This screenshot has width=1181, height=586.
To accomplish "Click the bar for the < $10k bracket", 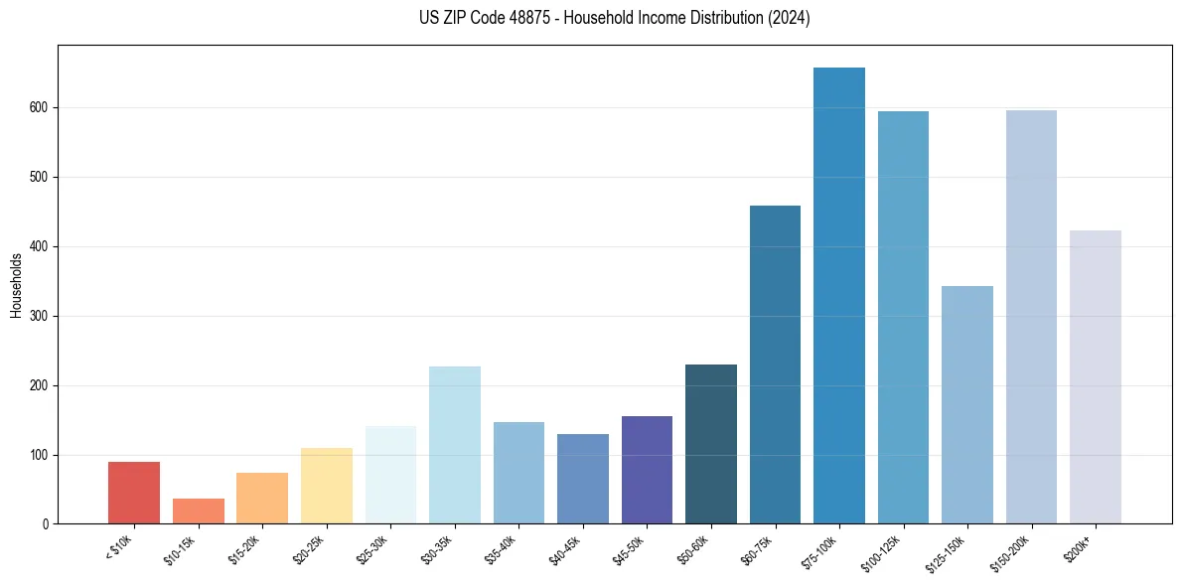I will point(134,493).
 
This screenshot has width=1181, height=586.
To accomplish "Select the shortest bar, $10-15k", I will point(199,512).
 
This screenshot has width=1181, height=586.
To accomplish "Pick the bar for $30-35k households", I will point(455,445).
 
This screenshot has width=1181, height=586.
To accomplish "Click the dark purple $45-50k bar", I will point(647,470).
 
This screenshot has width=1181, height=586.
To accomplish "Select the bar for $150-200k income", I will point(1031,317).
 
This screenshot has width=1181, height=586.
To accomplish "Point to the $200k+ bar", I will point(1096,377).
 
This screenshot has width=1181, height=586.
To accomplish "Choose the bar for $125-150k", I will point(967,405).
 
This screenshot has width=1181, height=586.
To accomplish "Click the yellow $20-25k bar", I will point(327,486).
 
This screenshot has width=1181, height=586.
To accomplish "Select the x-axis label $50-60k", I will point(693,548).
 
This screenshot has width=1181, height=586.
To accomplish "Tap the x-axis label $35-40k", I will point(502,548).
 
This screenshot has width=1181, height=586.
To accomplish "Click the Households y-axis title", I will point(16,285).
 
